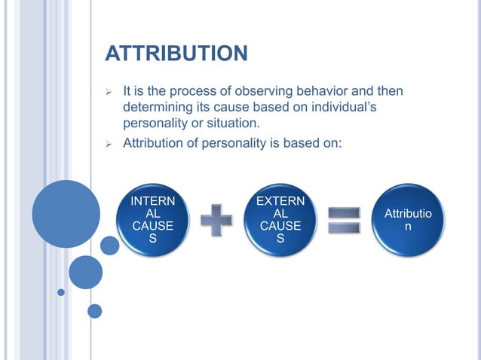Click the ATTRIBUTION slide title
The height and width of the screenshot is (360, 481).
(x=176, y=54)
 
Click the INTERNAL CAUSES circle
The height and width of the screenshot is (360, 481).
(x=152, y=219)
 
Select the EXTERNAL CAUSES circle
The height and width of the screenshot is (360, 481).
(x=280, y=219)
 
